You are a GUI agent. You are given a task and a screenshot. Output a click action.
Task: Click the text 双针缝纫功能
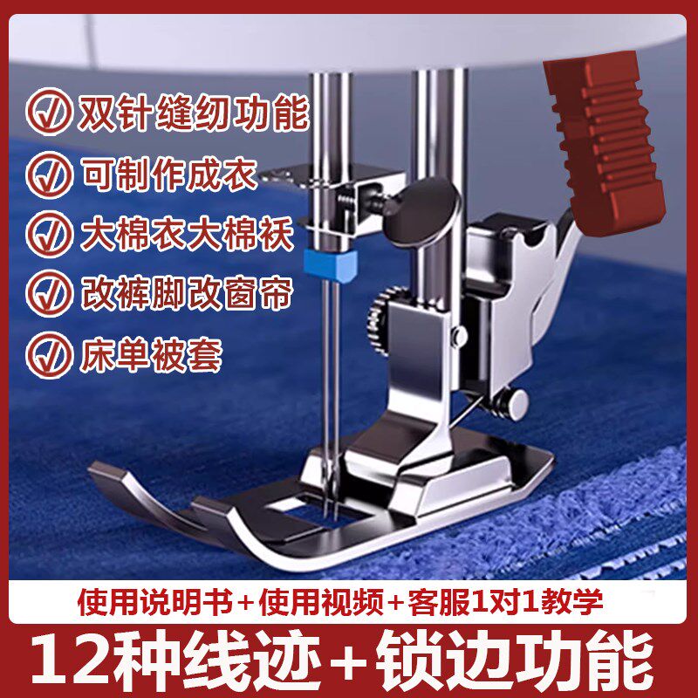tap(193, 115)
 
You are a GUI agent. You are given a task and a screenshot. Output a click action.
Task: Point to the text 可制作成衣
tap(168, 174)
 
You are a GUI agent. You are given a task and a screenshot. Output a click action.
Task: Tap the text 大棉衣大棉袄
tap(193, 234)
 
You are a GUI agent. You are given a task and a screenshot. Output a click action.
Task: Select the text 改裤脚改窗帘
tap(193, 293)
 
